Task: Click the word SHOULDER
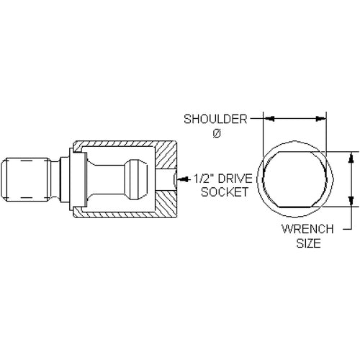[x=215, y=120]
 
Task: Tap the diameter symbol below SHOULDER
[x=216, y=134]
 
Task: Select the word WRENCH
[x=307, y=229]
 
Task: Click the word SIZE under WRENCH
[x=309, y=243]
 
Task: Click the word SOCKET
[x=225, y=192]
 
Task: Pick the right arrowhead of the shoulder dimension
[x=320, y=118]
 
